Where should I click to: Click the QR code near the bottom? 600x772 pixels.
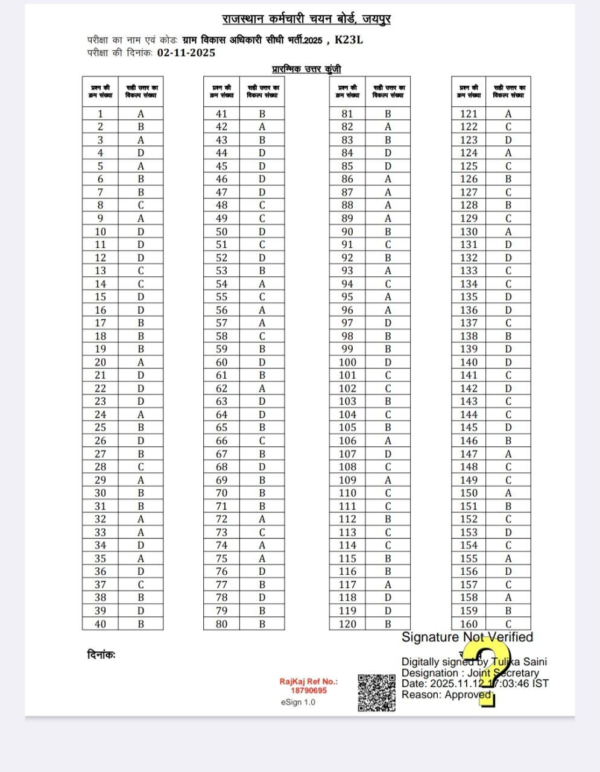coord(376,692)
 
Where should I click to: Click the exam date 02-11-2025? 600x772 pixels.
coord(186,52)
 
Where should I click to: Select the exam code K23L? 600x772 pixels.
coord(349,40)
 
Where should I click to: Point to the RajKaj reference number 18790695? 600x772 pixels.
coord(308,690)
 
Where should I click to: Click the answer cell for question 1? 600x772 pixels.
coord(141,113)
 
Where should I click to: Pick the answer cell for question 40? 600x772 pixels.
coord(141,624)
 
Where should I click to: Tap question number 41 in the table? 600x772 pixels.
coord(221,113)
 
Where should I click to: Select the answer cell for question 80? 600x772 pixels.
coord(262,624)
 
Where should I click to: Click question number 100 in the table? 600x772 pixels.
coord(347,362)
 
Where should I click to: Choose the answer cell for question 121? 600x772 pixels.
coord(508,113)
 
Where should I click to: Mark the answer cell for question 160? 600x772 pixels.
coord(508,624)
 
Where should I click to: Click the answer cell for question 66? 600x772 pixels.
coord(262,441)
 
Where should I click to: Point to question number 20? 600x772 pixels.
coord(100,362)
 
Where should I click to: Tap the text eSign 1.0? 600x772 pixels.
coord(298,702)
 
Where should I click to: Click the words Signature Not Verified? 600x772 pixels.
coord(467,637)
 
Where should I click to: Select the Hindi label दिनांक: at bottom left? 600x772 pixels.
coord(101,654)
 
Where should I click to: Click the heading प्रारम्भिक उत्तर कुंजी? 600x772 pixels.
coord(306,69)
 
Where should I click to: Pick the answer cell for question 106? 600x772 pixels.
coord(388,441)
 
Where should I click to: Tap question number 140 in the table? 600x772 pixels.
coord(469,362)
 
